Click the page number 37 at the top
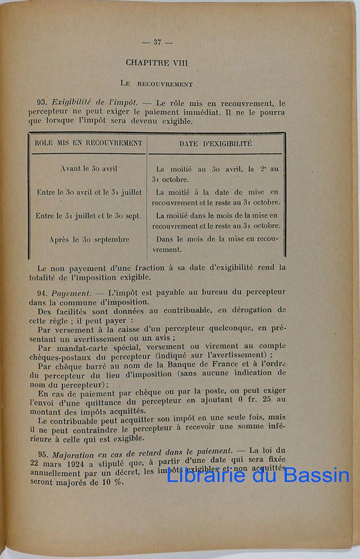157,42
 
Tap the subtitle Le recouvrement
157,84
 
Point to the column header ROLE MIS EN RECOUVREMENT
88,143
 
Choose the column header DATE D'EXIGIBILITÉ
215,144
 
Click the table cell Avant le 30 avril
89,168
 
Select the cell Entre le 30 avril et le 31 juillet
89,192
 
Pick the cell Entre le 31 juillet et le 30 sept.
88,216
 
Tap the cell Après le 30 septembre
89,239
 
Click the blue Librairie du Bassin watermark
258,475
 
